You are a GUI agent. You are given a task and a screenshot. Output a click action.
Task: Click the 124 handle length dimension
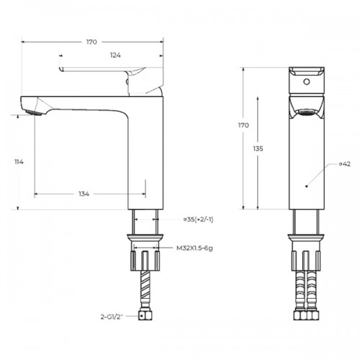click(x=115, y=55)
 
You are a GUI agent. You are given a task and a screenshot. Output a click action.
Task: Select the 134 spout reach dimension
click(x=84, y=194)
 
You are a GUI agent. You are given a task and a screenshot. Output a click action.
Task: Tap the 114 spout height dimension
click(x=19, y=162)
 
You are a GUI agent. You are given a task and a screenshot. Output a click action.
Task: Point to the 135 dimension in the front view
click(x=258, y=149)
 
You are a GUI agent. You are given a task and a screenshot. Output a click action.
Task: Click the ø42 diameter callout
click(x=345, y=164)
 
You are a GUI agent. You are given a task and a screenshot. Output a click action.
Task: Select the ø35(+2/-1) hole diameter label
click(x=199, y=220)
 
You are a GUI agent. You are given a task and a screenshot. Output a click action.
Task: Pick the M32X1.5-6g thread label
click(x=194, y=248)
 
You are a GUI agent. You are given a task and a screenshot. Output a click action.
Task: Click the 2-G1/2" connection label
click(x=112, y=317)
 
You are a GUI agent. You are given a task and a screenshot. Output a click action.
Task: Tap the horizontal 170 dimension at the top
click(x=91, y=42)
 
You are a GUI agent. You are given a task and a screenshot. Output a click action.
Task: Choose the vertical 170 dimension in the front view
click(x=243, y=125)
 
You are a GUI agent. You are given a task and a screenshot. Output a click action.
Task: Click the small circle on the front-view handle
click(x=307, y=82)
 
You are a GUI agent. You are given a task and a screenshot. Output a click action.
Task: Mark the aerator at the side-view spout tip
click(x=34, y=112)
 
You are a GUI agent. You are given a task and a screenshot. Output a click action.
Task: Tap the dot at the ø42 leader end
click(x=306, y=186)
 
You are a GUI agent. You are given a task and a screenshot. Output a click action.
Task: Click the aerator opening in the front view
click(x=307, y=112)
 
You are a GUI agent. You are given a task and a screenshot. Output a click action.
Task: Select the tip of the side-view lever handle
click(x=60, y=69)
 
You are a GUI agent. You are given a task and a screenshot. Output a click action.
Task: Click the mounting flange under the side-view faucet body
click(x=145, y=238)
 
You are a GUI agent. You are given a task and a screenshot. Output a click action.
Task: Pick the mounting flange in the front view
click(x=306, y=238)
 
